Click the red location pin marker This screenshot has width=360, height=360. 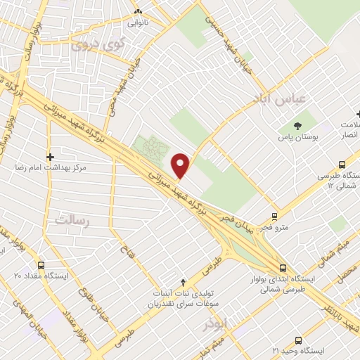[x=181, y=164]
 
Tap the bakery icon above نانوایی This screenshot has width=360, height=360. [x=139, y=12]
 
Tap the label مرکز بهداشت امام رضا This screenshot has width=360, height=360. [x=53, y=169]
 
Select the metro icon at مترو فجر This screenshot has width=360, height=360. [x=274, y=217]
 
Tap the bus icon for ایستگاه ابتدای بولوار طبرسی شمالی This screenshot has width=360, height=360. [x=283, y=268]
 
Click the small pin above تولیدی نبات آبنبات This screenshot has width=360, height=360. [x=184, y=281]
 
